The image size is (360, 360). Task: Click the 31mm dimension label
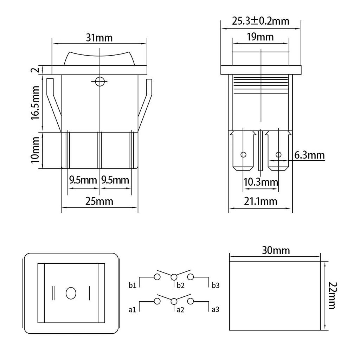click(x=99, y=38)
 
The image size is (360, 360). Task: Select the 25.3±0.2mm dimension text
click(x=261, y=21)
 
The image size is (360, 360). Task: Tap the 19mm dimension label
click(x=261, y=37)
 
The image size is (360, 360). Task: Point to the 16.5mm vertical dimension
click(x=36, y=103)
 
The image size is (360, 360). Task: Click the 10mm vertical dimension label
click(x=36, y=150)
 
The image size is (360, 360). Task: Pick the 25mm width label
click(x=99, y=201)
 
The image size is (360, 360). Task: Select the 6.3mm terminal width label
click(x=309, y=155)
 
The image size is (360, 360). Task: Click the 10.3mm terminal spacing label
click(x=261, y=182)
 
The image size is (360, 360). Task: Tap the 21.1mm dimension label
click(x=261, y=201)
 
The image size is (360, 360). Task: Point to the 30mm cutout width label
click(x=276, y=250)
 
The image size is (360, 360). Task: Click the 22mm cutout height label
click(x=332, y=295)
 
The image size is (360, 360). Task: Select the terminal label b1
click(x=133, y=285)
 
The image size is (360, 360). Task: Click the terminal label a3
click(x=216, y=310)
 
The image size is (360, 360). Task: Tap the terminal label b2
click(x=180, y=285)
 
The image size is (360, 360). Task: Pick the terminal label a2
click(x=180, y=310)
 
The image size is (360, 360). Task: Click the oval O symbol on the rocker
click(x=71, y=293)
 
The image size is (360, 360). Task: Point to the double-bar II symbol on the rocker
click(x=54, y=293)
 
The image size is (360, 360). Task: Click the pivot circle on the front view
click(x=100, y=82)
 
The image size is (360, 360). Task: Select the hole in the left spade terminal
click(x=243, y=155)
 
